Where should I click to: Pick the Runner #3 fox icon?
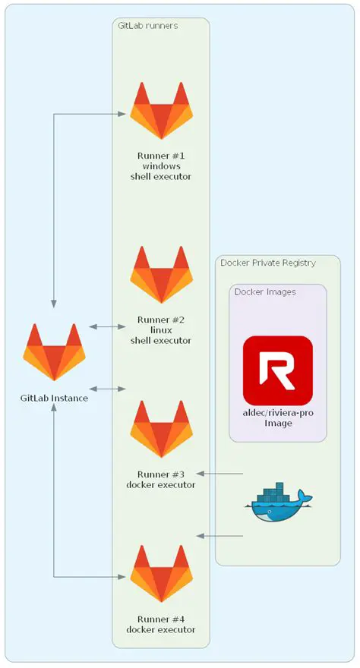[x=160, y=429]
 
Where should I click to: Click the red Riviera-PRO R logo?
[x=277, y=370]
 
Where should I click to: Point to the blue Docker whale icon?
[x=279, y=503]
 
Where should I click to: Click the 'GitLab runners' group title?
[x=148, y=25]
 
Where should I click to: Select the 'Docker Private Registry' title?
[x=267, y=263]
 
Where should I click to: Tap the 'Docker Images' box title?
[x=265, y=291]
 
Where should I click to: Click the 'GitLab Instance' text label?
[x=54, y=398]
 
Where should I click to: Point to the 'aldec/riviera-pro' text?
[x=277, y=413]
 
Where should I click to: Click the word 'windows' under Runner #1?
[x=160, y=165]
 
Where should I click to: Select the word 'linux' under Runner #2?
[x=160, y=330]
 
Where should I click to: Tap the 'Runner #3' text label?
[x=160, y=474]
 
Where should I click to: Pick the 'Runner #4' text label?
[x=160, y=619]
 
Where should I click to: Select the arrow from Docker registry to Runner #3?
[x=220, y=474]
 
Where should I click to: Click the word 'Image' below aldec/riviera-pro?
[x=277, y=424]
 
